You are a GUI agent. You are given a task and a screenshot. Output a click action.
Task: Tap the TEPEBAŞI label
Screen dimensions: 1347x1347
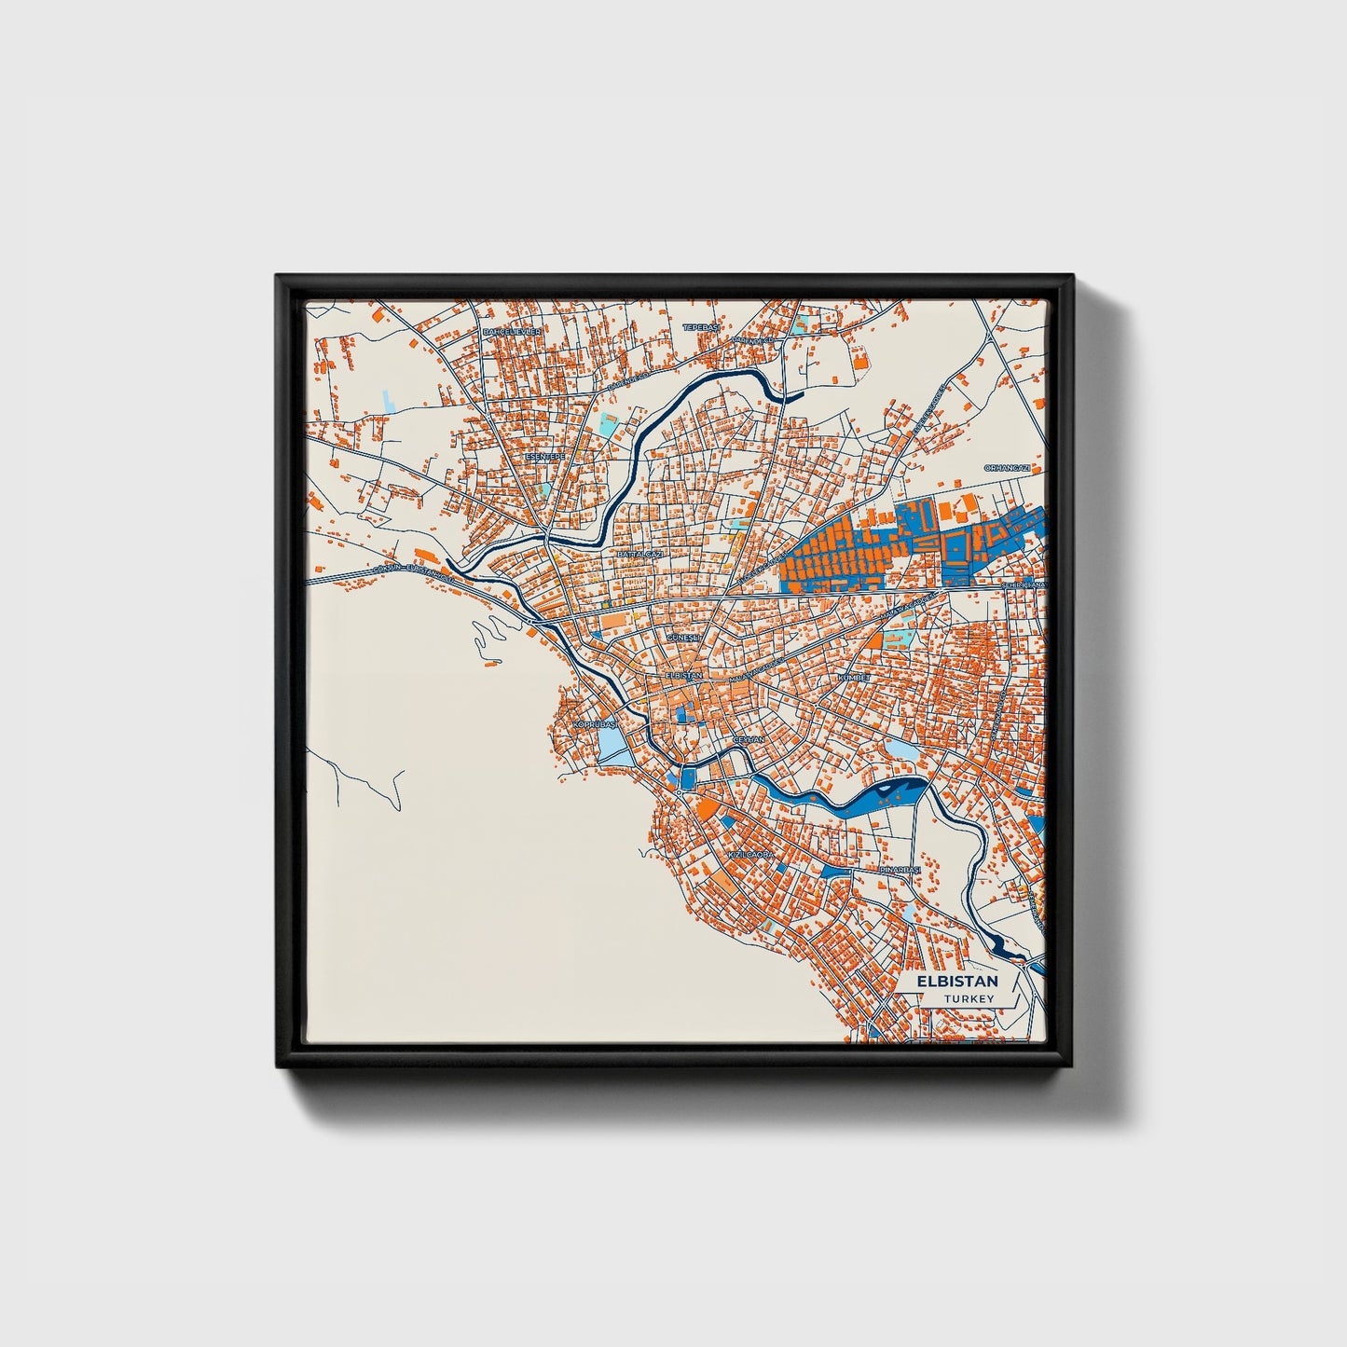pyautogui.click(x=702, y=327)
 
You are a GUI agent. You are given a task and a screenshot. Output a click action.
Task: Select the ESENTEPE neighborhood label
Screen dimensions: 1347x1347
pyautogui.click(x=545, y=457)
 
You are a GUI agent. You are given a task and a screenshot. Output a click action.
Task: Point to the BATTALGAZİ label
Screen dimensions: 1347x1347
pyautogui.click(x=639, y=554)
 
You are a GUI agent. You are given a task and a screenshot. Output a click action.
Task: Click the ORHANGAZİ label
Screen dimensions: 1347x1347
pyautogui.click(x=1008, y=467)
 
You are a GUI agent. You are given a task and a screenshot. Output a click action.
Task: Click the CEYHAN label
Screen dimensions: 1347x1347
pyautogui.click(x=749, y=738)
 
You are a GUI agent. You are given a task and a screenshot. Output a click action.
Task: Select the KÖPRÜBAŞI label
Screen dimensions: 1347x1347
pyautogui.click(x=595, y=723)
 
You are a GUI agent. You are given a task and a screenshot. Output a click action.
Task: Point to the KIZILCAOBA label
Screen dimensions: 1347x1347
pyautogui.click(x=750, y=855)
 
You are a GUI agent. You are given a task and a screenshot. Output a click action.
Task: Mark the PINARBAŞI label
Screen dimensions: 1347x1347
pyautogui.click(x=900, y=870)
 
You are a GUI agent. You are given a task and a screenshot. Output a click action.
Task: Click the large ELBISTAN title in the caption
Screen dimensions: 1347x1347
pyautogui.click(x=956, y=982)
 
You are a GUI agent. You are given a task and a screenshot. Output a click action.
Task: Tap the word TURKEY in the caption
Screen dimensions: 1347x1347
pyautogui.click(x=969, y=999)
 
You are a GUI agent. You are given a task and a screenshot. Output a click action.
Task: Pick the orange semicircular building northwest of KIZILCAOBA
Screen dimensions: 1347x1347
pyautogui.click(x=708, y=807)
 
